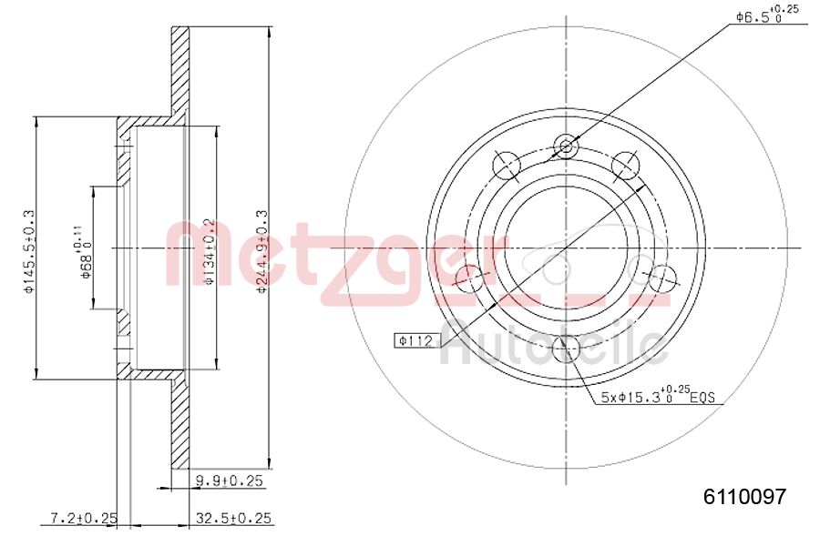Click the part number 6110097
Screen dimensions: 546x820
click(743, 496)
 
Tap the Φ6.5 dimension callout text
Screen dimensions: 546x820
click(766, 15)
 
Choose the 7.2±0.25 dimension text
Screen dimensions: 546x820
click(84, 518)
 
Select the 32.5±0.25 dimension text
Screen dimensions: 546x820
click(234, 518)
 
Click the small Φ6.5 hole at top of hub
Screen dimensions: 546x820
click(566, 146)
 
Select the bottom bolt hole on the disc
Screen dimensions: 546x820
click(566, 347)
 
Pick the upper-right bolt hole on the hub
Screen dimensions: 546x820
click(625, 165)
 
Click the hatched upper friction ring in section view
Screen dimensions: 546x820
click(180, 68)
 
